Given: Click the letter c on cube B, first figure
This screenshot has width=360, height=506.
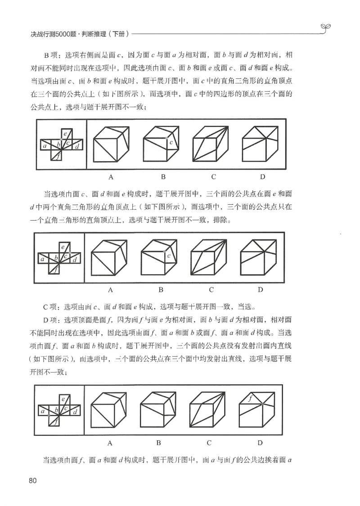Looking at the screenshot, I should click(x=171, y=143).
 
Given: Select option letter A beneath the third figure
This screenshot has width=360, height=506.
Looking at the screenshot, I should click(x=110, y=443).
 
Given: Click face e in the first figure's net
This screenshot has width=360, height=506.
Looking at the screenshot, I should click(x=65, y=134).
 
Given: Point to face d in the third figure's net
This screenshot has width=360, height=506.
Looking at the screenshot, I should click(x=75, y=412).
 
